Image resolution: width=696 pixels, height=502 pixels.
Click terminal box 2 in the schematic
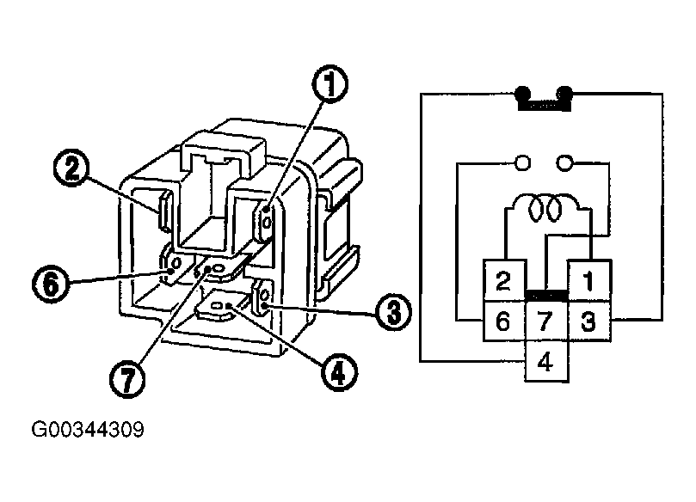(x=502, y=280)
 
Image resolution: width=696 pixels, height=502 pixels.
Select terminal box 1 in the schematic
(x=588, y=280)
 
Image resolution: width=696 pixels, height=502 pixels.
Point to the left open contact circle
(x=522, y=161)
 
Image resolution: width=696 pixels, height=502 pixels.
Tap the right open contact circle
(x=565, y=161)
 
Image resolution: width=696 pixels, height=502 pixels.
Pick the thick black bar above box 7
(x=545, y=295)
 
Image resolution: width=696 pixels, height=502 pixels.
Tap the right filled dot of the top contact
(x=565, y=93)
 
